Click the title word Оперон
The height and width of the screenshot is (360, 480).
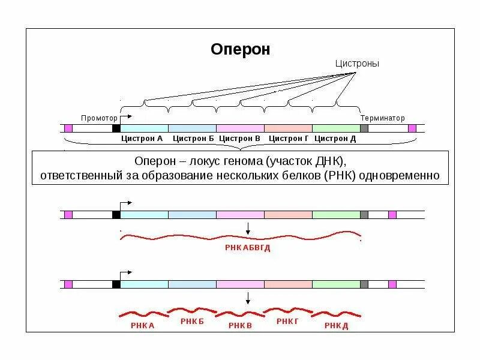(240, 49)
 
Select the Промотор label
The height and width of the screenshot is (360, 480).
(99, 118)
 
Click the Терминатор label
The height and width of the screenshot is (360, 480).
(382, 118)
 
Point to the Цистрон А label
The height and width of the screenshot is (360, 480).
(142, 139)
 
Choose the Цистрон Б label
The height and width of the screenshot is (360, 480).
(193, 139)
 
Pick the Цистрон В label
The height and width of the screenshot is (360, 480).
(239, 139)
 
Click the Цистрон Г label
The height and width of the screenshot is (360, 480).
(289, 139)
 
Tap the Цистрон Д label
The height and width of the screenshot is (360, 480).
(335, 139)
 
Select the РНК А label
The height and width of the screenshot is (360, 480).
(142, 325)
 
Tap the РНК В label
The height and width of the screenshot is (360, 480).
(239, 325)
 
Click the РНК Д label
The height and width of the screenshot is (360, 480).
(336, 325)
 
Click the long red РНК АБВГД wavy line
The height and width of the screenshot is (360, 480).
(240, 236)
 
